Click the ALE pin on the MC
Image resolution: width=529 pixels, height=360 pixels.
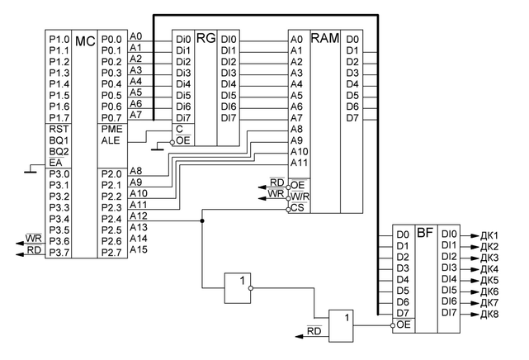(x=111, y=141)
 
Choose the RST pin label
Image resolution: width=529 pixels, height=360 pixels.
(x=59, y=130)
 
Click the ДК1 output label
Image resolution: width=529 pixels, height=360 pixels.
(x=490, y=235)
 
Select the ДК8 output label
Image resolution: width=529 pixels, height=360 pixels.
(x=490, y=314)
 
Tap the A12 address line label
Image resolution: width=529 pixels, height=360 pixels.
(x=139, y=216)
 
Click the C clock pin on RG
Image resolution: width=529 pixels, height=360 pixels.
(x=178, y=130)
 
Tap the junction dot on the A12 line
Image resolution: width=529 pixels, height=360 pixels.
(x=202, y=221)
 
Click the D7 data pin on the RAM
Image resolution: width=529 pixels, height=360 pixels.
(x=352, y=118)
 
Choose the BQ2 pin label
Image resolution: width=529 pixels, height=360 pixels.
(x=59, y=152)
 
